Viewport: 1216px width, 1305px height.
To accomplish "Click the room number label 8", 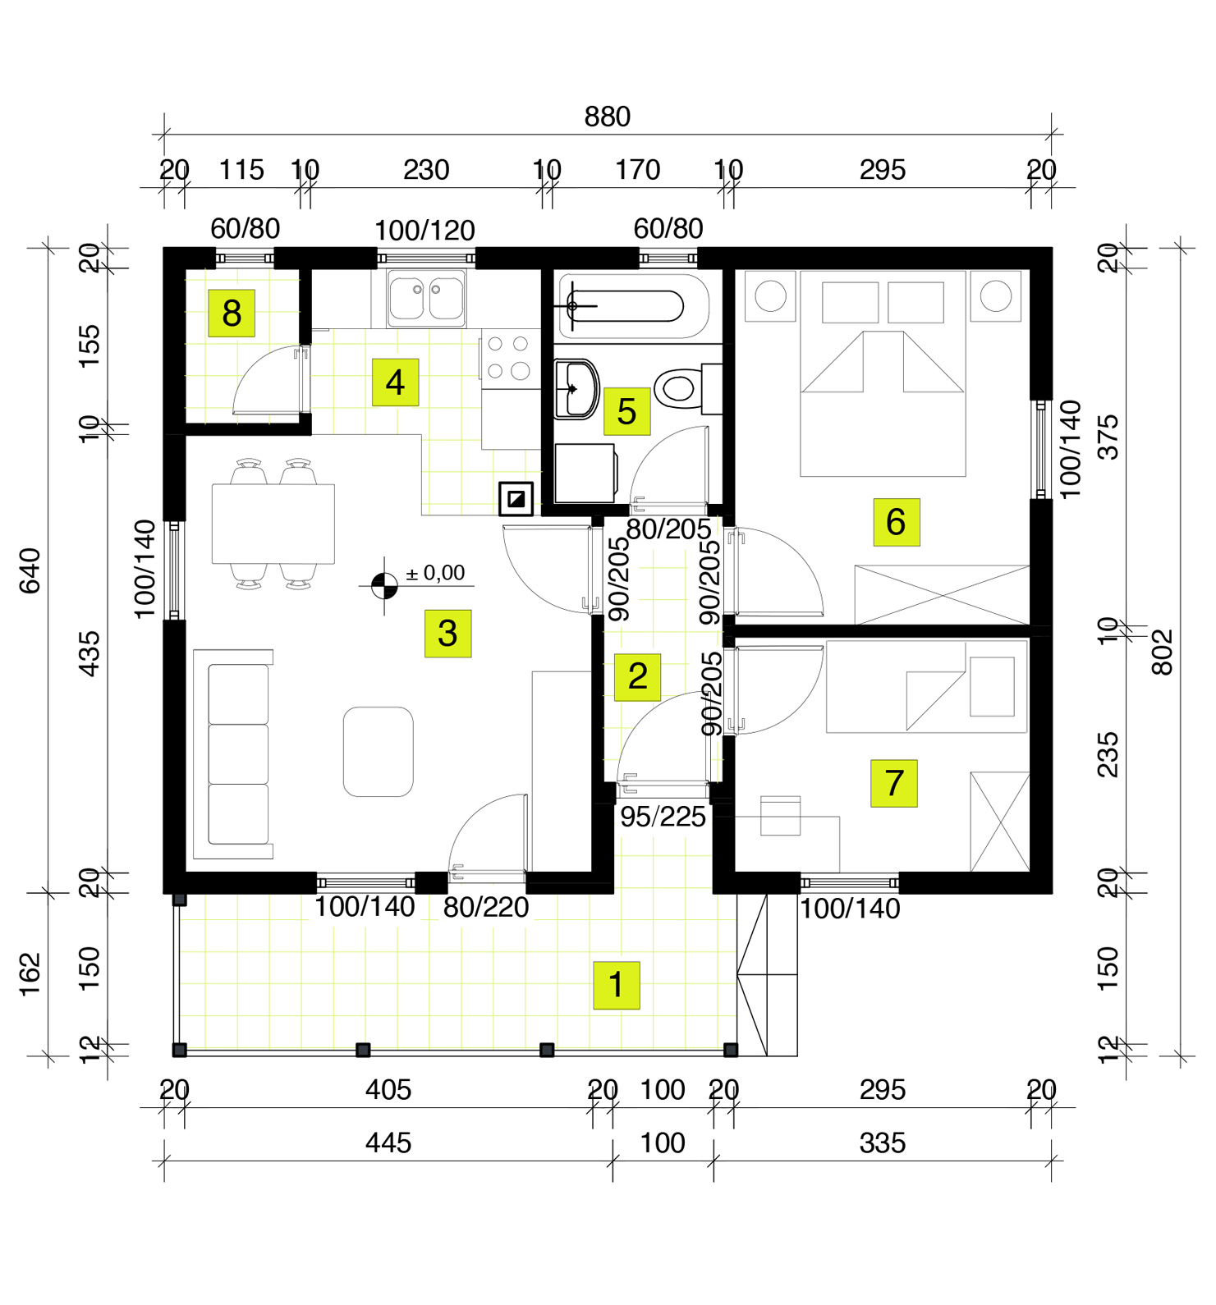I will click(x=232, y=313).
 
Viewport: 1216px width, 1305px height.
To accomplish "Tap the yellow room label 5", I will click(x=626, y=411).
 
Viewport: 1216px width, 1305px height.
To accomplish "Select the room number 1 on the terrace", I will click(x=616, y=984).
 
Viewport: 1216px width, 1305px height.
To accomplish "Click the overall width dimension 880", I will click(x=607, y=117).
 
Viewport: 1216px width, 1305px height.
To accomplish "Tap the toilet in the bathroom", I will click(x=681, y=387).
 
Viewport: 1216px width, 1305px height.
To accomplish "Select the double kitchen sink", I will click(x=426, y=298).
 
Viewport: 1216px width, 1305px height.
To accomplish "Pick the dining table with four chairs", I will click(x=273, y=524).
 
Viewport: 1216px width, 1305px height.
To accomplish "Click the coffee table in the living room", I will click(x=378, y=751).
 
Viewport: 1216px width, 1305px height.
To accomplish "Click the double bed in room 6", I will click(x=883, y=373).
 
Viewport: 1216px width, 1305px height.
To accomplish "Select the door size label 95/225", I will click(x=663, y=817).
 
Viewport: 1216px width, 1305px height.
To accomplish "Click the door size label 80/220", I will click(x=486, y=907).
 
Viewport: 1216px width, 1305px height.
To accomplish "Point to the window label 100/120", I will click(x=424, y=231).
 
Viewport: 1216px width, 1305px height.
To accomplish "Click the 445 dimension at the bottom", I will click(x=388, y=1142).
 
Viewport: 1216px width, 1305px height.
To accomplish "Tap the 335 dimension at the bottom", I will click(x=882, y=1142).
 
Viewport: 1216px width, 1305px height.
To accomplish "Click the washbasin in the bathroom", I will click(x=577, y=388).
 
